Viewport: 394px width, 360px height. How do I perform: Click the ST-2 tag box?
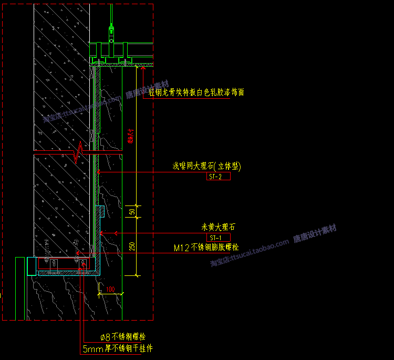pyautogui.click(x=219, y=177)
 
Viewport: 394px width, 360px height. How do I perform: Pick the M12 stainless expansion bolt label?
pyautogui.click(x=206, y=247)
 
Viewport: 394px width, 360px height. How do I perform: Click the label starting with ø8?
pyautogui.click(x=123, y=337)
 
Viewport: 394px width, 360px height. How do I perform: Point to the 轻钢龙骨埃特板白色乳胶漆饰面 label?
pyautogui.click(x=196, y=92)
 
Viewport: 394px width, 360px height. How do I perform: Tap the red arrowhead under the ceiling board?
pyautogui.click(x=143, y=68)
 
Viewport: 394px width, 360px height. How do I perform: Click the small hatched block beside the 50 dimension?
pyautogui.click(x=101, y=212)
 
